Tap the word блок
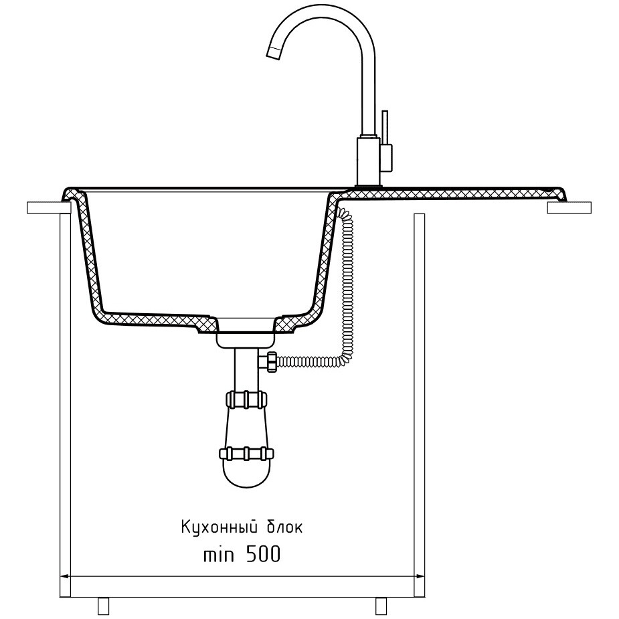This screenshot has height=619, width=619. [x=285, y=527]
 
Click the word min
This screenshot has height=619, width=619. [x=219, y=555]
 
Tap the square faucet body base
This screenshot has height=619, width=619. [x=368, y=161]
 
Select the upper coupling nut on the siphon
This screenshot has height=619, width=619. [x=246, y=400]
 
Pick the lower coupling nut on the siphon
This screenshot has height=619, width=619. [x=246, y=454]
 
